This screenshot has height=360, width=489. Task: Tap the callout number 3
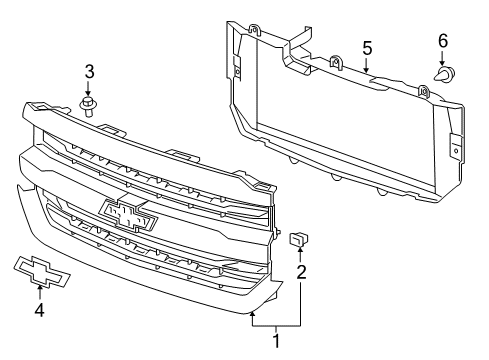[89, 72]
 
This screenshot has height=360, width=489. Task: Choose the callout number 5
[366, 47]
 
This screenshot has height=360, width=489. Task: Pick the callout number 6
[442, 41]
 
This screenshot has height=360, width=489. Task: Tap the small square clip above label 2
[299, 239]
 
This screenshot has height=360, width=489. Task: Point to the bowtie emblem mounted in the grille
[129, 214]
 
